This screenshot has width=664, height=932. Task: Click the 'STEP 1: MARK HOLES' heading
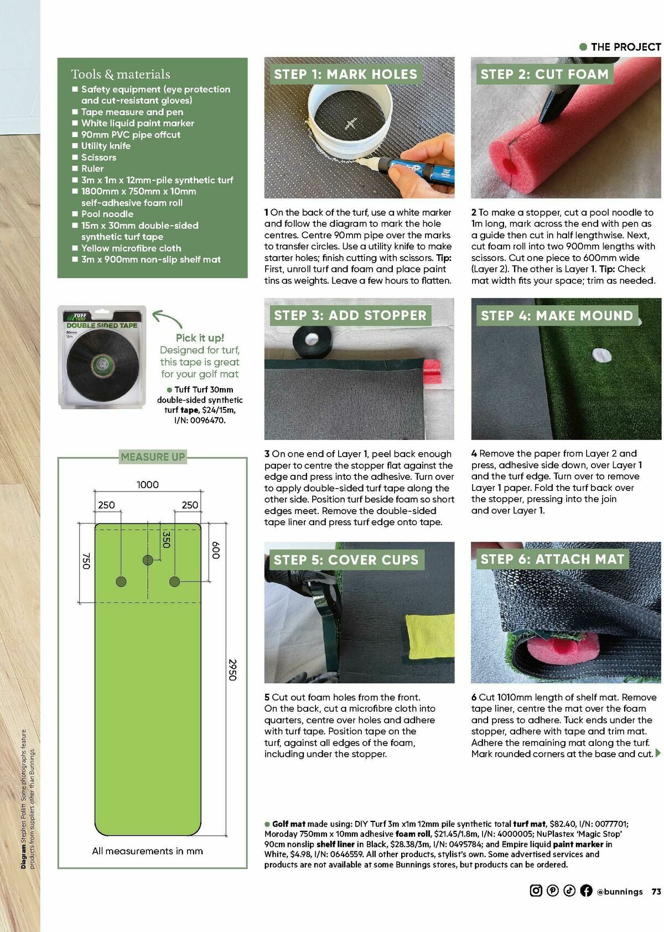[x=345, y=74]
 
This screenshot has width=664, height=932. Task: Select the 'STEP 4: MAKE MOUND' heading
[x=556, y=316]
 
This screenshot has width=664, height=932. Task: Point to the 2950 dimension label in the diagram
[x=232, y=669]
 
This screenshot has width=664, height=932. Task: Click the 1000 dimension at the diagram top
[x=147, y=485]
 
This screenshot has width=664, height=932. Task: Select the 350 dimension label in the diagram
[x=165, y=540]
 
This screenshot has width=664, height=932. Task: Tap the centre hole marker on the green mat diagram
[x=148, y=560]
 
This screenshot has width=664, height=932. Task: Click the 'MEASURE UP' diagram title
[x=153, y=457]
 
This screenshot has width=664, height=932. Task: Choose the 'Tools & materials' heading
[x=120, y=74]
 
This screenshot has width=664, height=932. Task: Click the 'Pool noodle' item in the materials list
[x=107, y=214]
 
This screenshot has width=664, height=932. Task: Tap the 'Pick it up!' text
[x=200, y=338]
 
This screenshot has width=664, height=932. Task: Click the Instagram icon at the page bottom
[x=536, y=891]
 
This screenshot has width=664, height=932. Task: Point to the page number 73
[x=656, y=891]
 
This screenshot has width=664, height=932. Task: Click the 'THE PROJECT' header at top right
[x=625, y=47]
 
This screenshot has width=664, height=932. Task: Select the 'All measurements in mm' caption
[x=147, y=851]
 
